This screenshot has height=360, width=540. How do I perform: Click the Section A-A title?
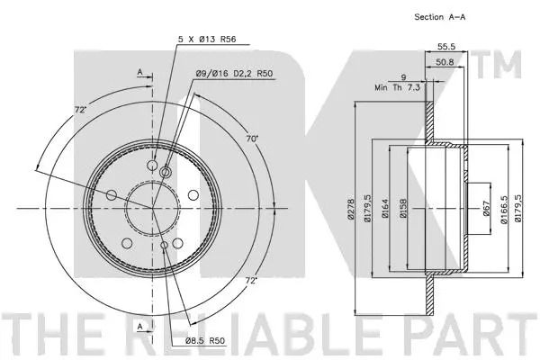tap(440, 17)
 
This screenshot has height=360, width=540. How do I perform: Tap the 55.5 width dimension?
tap(446, 47)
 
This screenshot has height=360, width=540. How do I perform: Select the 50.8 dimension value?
tap(445, 62)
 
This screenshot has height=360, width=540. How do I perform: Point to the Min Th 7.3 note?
tap(398, 87)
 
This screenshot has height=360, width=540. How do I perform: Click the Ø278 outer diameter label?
tap(351, 208)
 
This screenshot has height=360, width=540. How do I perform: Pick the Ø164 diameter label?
tap(385, 208)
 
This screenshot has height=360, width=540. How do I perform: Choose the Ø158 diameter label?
tap(403, 208)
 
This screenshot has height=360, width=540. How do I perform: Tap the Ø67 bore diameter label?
tap(486, 209)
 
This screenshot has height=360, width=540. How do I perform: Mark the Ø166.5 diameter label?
tap(504, 210)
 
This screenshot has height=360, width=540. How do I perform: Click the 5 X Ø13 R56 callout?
tap(207, 40)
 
